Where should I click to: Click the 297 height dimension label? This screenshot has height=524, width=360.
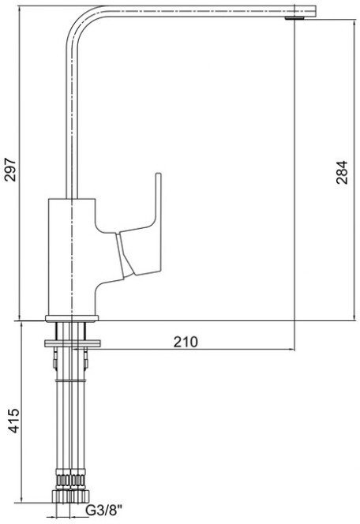(x=10, y=169)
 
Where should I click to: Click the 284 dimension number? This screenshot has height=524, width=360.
(x=342, y=173)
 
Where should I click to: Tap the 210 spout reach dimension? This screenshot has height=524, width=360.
(x=186, y=342)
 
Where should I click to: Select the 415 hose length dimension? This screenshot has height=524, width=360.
(x=13, y=421)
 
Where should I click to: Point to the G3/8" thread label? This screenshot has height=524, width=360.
(x=104, y=510)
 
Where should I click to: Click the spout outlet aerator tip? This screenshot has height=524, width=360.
(x=294, y=18)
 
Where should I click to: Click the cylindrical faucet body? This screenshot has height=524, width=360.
(x=72, y=256)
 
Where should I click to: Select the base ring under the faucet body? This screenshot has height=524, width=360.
(x=72, y=318)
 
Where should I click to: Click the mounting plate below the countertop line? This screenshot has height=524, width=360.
(x=72, y=343)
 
